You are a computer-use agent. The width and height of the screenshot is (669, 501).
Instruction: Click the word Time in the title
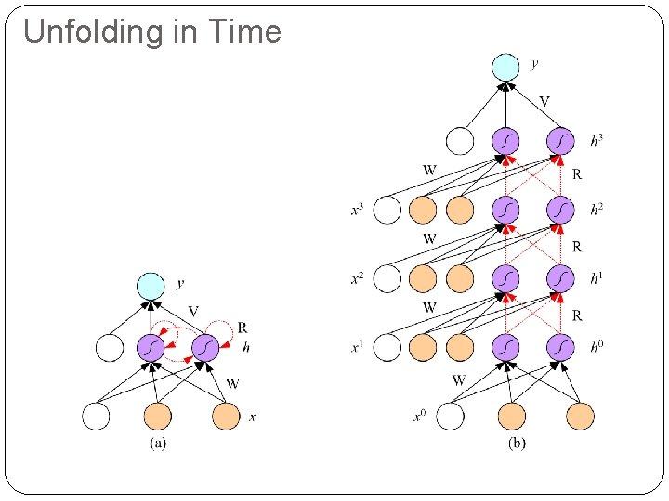pyautogui.click(x=245, y=32)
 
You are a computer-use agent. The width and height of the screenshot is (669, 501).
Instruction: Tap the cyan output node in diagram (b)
pyautogui.click(x=505, y=67)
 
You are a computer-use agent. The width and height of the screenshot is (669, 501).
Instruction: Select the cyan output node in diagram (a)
pyautogui.click(x=150, y=286)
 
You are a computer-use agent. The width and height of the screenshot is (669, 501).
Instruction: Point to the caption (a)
pyautogui.click(x=158, y=443)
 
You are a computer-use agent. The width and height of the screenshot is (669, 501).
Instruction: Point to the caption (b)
pyautogui.click(x=516, y=443)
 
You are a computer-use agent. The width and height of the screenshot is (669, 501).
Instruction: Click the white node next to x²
pyautogui.click(x=387, y=278)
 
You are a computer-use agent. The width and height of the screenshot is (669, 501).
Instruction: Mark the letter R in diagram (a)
pyautogui.click(x=243, y=328)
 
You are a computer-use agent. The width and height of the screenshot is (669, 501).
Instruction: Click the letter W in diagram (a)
pyautogui.click(x=232, y=382)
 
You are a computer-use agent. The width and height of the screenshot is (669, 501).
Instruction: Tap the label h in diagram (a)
pyautogui.click(x=246, y=348)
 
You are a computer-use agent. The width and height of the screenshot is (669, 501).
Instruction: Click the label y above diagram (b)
pyautogui.click(x=533, y=64)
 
